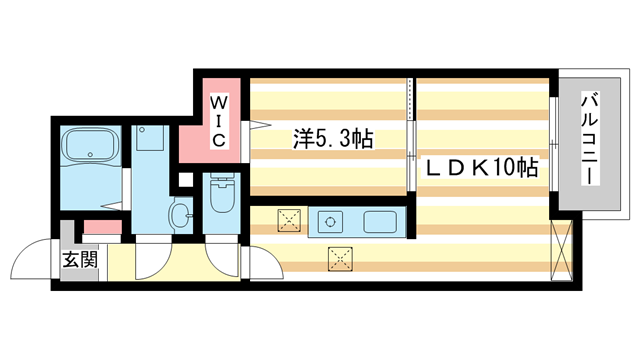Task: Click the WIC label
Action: pos(219,119)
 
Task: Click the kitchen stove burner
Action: pos(331,220)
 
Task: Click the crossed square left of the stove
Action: pos(289,219)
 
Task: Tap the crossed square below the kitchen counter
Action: pos(341,259)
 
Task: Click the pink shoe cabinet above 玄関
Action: pos(101,228)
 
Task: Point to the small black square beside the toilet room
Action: pos(183,180)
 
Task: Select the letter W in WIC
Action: pos(219,101)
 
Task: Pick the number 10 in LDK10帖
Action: pos(503,168)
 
